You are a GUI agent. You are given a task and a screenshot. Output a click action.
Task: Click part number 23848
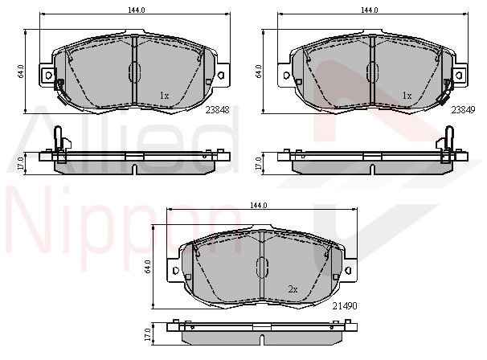[x=218, y=109]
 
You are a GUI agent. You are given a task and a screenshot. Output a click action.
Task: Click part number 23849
[x=463, y=109]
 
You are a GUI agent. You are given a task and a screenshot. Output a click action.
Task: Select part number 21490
[x=345, y=306]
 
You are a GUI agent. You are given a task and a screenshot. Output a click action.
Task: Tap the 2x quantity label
[x=293, y=289]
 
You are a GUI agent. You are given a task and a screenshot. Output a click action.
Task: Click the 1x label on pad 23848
[x=164, y=96]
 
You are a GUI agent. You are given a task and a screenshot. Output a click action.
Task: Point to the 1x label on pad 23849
[x=407, y=96]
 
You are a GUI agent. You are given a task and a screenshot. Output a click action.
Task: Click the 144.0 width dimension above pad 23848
[x=137, y=10]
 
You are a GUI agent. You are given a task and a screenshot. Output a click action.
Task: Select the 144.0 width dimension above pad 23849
[x=370, y=10]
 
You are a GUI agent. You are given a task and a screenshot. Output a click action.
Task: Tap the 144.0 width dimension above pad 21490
[x=259, y=206]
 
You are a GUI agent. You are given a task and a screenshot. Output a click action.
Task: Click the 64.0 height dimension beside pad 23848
[x=21, y=72]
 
